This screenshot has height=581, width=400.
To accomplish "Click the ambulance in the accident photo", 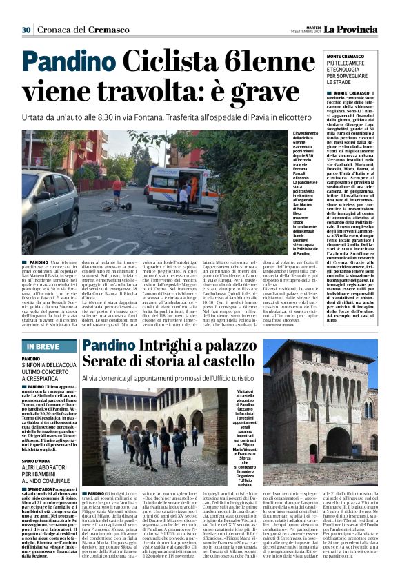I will pos(172,186).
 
